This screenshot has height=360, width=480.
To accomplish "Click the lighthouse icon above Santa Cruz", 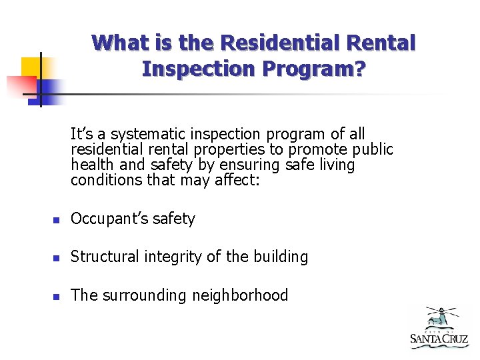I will point(439,317).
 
